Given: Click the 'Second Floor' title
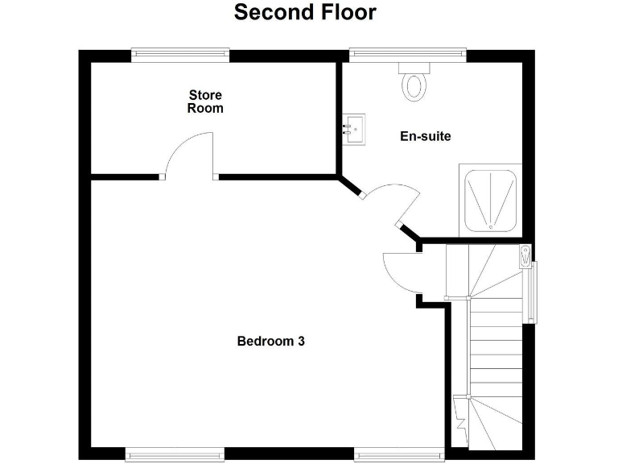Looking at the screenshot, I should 304,13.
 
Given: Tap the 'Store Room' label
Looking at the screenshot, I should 205,101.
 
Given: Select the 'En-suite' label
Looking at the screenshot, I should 426,136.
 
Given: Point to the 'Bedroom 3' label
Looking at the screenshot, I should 270,341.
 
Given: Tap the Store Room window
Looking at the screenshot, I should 180,55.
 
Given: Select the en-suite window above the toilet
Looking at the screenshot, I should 407,55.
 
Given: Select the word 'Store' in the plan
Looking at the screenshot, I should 205,95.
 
